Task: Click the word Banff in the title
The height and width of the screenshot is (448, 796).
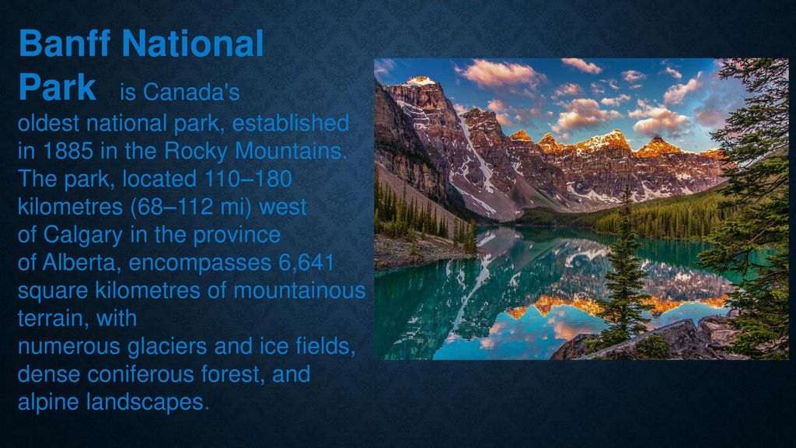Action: click(65, 43)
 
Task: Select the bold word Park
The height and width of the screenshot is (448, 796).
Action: click(58, 87)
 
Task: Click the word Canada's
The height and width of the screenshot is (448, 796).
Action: click(191, 92)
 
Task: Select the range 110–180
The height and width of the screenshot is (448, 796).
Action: click(248, 179)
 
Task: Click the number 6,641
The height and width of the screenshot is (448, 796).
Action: click(306, 263)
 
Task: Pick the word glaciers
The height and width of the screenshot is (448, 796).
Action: click(167, 346)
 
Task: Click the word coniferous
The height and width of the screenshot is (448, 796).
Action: click(141, 374)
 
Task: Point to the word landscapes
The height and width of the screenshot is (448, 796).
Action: click(145, 402)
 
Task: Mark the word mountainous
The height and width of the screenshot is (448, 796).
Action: click(299, 291)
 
